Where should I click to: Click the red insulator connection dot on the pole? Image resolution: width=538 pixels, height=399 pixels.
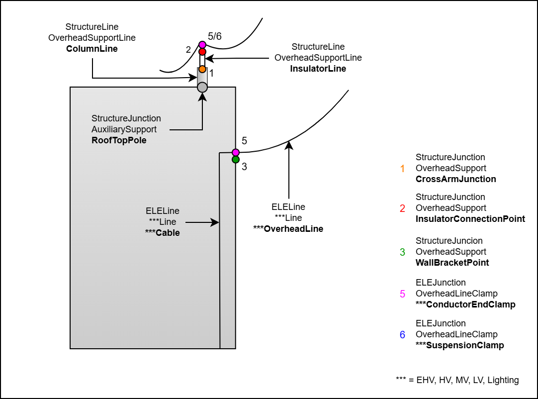pos(202,52)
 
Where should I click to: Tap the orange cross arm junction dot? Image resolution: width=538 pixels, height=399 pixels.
pos(202,69)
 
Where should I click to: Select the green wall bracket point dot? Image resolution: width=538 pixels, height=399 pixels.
pos(236,160)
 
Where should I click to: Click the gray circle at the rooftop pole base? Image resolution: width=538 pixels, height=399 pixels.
pos(202,88)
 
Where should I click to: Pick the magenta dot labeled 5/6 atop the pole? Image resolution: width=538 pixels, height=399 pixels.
pos(202,45)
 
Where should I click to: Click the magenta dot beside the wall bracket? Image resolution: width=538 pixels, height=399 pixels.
pos(236,152)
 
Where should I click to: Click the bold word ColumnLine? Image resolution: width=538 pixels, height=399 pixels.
pos(92,49)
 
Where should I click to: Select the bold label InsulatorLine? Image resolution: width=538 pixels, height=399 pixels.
pos(318,69)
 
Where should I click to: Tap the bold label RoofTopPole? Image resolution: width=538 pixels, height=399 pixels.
pos(119,140)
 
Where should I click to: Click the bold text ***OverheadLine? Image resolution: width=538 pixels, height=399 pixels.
pos(288,229)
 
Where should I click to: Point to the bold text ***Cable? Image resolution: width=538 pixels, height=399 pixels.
pos(162,232)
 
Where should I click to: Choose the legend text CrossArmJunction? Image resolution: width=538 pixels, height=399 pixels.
pos(455,179)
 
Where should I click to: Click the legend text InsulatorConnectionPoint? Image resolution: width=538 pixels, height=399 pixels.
pos(470,219)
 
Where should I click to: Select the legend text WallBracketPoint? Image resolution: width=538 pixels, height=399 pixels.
pos(452,263)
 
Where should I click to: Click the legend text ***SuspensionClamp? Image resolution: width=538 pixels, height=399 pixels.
pos(459,345)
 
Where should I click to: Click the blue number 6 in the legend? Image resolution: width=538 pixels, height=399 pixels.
pos(402,335)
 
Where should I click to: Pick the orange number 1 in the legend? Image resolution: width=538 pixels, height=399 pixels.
pos(402,169)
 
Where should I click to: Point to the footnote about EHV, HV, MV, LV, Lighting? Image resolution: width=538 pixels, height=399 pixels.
pos(457,380)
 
